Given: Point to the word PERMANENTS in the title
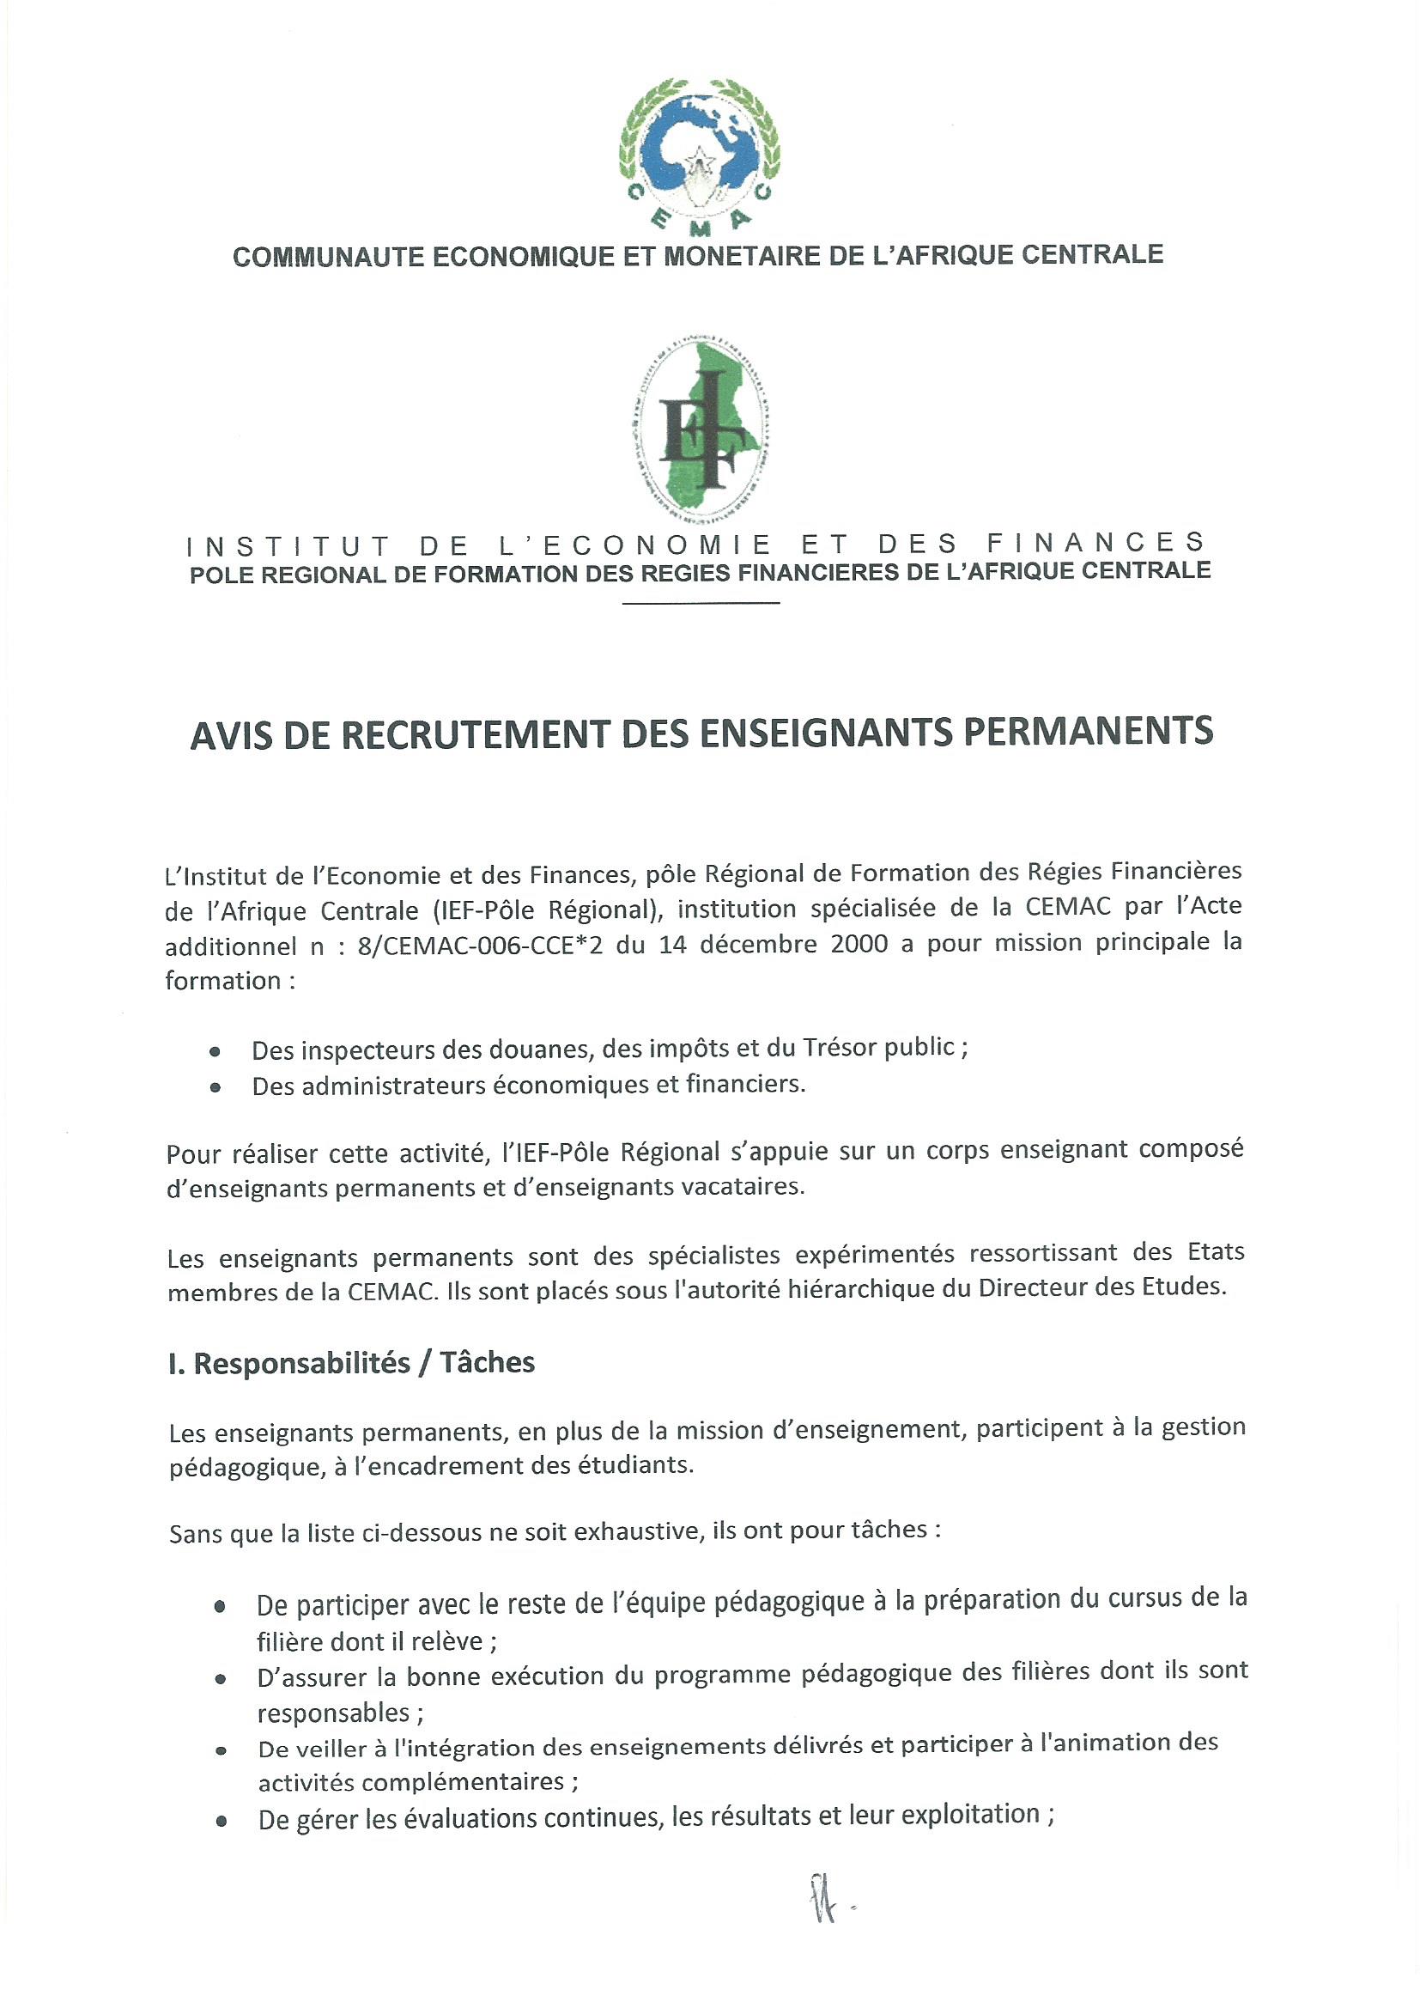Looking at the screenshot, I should point(1088,729).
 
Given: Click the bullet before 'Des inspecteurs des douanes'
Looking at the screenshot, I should point(215,1051).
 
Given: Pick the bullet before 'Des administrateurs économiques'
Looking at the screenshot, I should point(215,1087).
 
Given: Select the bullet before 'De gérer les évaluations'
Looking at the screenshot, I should point(221,1821).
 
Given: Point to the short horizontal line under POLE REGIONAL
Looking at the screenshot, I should point(701,604).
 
